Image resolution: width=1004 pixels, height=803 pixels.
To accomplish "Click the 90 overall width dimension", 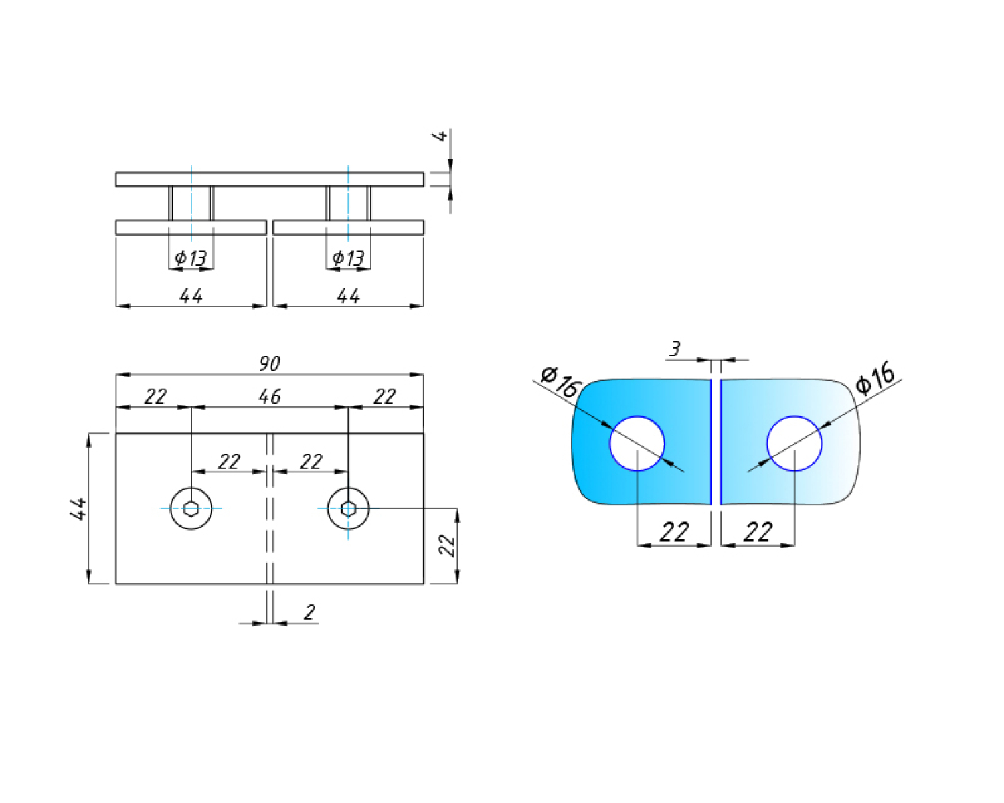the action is click(270, 363).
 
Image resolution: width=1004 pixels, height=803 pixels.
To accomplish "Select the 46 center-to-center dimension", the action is click(270, 397).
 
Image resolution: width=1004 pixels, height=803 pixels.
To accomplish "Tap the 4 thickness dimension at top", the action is click(440, 136).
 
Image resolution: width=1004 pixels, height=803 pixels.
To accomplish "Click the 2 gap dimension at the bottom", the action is click(309, 612).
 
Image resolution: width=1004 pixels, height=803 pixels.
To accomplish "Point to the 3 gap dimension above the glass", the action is click(675, 348).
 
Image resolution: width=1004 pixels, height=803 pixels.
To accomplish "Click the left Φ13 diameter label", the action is click(190, 258).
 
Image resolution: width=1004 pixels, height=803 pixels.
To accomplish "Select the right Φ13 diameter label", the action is click(348, 258).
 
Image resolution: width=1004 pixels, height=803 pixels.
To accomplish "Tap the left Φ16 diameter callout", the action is click(562, 382).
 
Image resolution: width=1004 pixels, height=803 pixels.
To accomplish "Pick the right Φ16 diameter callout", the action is click(875, 377).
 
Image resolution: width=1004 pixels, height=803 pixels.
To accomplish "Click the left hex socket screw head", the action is click(191, 509).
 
